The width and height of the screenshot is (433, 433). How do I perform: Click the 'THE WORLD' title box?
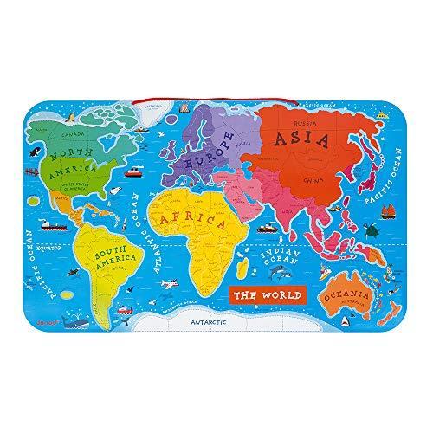pos(268,295)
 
